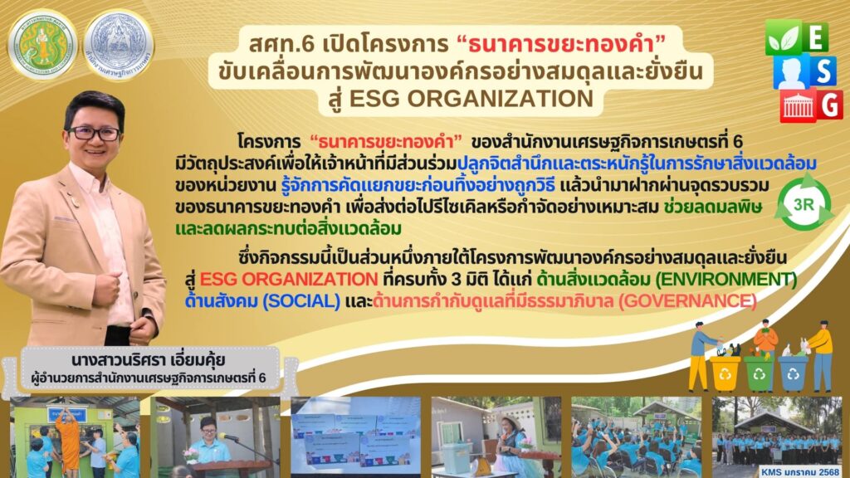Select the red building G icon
[x=812, y=105]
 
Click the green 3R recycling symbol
[x=804, y=204]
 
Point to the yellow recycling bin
[x=725, y=373]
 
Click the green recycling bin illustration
[x=759, y=373]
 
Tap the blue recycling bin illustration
[x=793, y=373]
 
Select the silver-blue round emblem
[x=119, y=45]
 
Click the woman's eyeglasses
[x=94, y=133]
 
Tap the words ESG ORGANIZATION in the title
[x=471, y=99]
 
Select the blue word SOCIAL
[x=301, y=300]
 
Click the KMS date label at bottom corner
[x=799, y=472]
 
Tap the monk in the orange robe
[x=70, y=439]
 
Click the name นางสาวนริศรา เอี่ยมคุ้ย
[x=148, y=360]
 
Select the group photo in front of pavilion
[x=776, y=437]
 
